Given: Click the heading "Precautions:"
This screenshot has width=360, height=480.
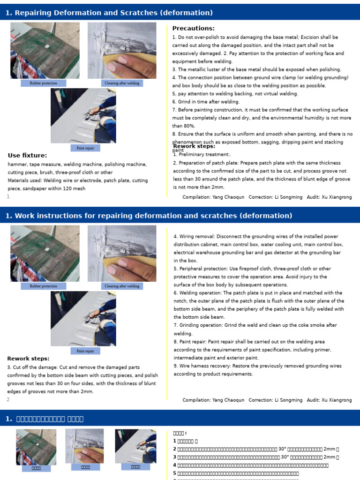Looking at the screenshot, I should tap(193, 29).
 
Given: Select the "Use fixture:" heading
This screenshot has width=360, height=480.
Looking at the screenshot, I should tap(27, 156).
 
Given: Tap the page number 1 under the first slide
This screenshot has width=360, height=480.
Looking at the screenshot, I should tap(8, 196).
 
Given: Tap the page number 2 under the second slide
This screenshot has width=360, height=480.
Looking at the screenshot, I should tap(8, 399).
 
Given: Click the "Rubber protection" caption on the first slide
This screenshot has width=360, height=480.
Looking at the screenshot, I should tap(43, 83).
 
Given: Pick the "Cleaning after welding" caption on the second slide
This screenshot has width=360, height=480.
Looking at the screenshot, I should tap(122, 286).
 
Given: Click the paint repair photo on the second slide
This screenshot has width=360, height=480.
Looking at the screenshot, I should tap(83, 318).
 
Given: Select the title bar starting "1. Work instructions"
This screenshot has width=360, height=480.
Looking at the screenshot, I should tap(149, 216).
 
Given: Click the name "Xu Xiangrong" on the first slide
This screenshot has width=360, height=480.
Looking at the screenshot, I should tap(336, 197).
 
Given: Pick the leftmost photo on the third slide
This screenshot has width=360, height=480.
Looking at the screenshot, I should tap(36, 446).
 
